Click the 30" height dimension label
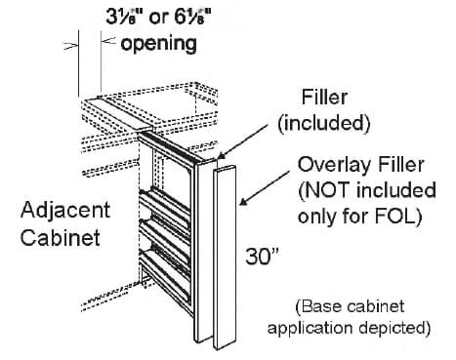(265, 258)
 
